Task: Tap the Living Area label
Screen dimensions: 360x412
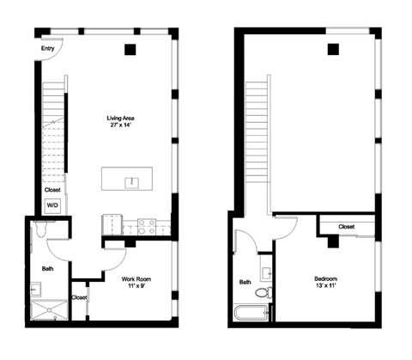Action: pyautogui.click(x=120, y=118)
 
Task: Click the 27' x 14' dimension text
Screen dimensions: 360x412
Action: pyautogui.click(x=120, y=126)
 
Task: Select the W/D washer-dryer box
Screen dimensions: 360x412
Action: pyautogui.click(x=52, y=206)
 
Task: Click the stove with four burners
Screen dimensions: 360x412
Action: pyautogui.click(x=147, y=227)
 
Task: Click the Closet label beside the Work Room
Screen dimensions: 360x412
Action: pyautogui.click(x=79, y=297)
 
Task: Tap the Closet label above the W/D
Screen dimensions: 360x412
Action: pyautogui.click(x=52, y=190)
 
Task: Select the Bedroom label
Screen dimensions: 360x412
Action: pyautogui.click(x=324, y=278)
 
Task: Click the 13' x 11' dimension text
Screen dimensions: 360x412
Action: pyautogui.click(x=324, y=287)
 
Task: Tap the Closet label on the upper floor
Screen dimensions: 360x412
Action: pyautogui.click(x=346, y=227)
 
